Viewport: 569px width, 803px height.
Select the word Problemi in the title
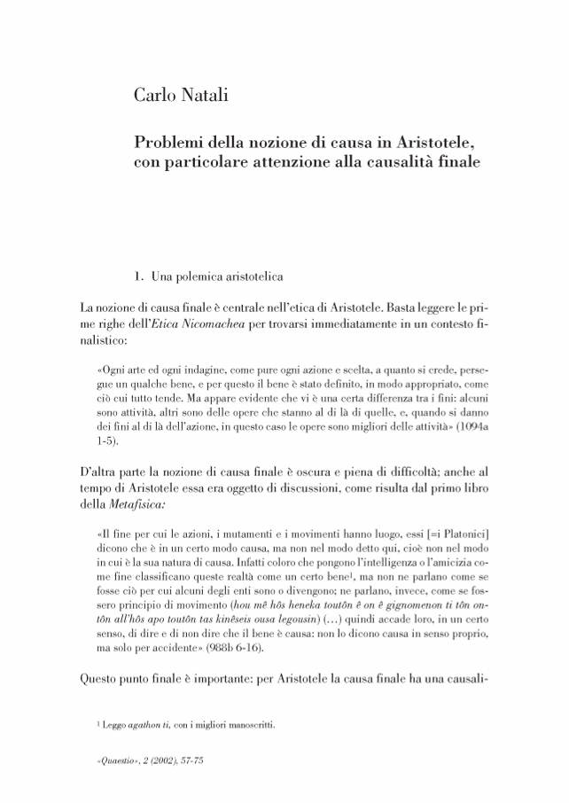169,142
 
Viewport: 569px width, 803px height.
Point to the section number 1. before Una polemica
138,277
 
